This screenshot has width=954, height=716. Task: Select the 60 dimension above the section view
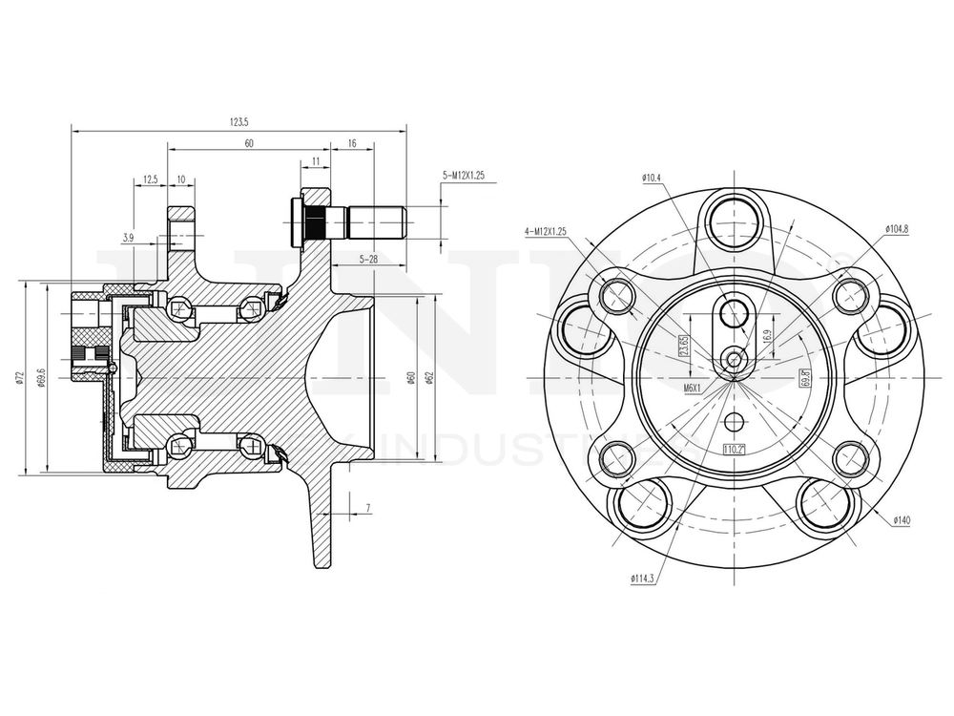pyautogui.click(x=249, y=143)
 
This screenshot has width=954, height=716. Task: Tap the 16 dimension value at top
pyautogui.click(x=352, y=143)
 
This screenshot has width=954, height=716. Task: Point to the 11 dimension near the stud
pyautogui.click(x=315, y=162)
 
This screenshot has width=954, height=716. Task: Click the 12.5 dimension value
pyautogui.click(x=151, y=179)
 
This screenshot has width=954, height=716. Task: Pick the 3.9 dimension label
pyautogui.click(x=128, y=237)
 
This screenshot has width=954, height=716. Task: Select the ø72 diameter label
pyautogui.click(x=20, y=380)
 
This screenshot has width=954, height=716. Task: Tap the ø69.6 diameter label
pyautogui.click(x=40, y=379)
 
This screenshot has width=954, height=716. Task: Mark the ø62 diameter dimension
pyautogui.click(x=432, y=379)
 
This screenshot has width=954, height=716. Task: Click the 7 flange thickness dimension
pyautogui.click(x=367, y=507)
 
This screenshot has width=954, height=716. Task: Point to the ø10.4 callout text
pyautogui.click(x=653, y=179)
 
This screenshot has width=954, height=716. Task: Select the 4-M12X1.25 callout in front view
pyautogui.click(x=546, y=231)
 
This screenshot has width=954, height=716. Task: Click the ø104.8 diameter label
pyautogui.click(x=898, y=229)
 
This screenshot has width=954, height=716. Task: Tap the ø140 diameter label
pyautogui.click(x=901, y=520)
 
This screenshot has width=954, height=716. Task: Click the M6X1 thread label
pyautogui.click(x=693, y=388)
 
